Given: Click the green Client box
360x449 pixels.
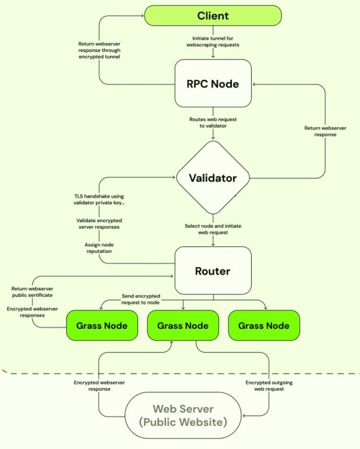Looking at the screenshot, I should coord(212,15).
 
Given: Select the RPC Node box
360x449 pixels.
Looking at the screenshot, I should coord(212,84).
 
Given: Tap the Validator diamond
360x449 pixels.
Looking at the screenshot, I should coord(212,178).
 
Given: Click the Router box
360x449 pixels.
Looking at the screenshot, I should coord(212,272).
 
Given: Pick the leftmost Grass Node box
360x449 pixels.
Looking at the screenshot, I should coord(102,326).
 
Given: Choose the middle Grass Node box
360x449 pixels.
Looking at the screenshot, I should coord(183,326).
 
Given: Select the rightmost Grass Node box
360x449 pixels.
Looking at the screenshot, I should coord(264,326).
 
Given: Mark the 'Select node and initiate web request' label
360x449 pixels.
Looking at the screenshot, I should coord(213,229).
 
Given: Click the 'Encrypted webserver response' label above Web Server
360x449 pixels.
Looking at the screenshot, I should coord(99,386).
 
